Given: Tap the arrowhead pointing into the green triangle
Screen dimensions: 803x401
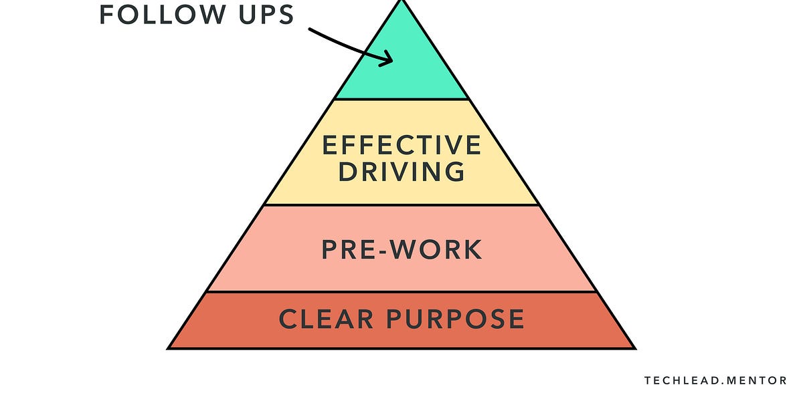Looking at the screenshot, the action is (x=387, y=59).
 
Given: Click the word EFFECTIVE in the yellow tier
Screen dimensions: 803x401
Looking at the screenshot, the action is (x=401, y=146).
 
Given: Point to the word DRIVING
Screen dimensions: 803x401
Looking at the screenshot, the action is (x=401, y=172).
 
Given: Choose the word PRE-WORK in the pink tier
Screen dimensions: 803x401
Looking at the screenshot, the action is (x=401, y=249).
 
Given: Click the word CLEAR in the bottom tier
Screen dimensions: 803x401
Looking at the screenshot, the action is (x=326, y=319).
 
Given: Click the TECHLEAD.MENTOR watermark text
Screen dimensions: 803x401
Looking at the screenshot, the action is (x=715, y=381).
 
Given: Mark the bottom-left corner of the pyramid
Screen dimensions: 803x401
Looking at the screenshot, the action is (x=169, y=348).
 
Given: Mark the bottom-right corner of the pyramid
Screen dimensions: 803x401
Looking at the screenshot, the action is (x=634, y=348).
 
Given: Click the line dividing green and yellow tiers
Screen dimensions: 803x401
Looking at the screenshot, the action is (x=401, y=100).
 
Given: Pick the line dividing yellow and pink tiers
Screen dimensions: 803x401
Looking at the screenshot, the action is (x=401, y=205).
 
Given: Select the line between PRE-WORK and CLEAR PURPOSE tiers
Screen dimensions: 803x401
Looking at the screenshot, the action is (x=401, y=291).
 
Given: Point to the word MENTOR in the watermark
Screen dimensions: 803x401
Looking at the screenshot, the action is (x=756, y=381).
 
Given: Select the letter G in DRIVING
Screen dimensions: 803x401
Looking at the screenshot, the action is (x=454, y=172).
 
